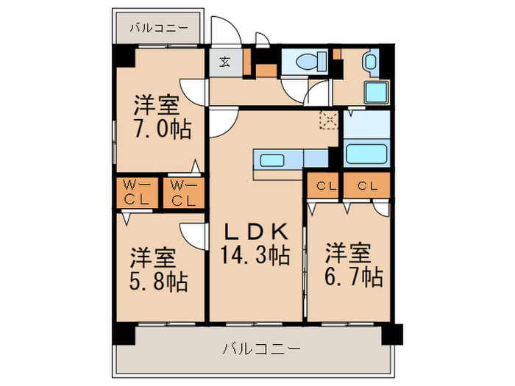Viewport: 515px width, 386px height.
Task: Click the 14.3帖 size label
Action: coord(255,256)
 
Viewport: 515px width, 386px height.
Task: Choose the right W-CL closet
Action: coord(183,192)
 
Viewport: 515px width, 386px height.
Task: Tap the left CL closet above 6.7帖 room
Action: coord(323,187)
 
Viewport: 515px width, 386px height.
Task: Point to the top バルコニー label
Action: coord(160,29)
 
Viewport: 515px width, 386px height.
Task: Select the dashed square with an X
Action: coord(327,121)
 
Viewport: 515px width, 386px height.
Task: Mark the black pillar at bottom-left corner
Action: coord(124,333)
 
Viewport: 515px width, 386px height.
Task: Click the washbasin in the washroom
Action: coord(370,62)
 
